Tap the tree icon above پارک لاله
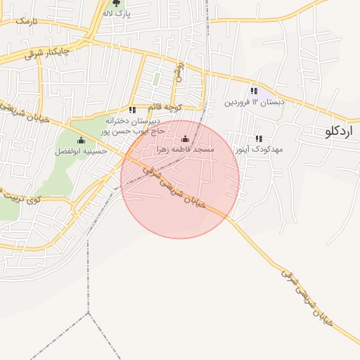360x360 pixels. (x=116, y=4)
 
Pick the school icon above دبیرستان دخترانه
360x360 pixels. (x=131, y=110)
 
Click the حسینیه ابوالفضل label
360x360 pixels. (x=82, y=150)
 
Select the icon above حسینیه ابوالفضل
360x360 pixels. (x=82, y=140)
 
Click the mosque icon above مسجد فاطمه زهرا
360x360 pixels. (x=185, y=139)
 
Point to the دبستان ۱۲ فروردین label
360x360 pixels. (x=255, y=102)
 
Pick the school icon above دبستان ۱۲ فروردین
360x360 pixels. (x=253, y=91)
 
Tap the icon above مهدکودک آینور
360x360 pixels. (x=259, y=139)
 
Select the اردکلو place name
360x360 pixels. (x=340, y=131)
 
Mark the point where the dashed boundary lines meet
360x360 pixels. (x=89, y=312)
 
